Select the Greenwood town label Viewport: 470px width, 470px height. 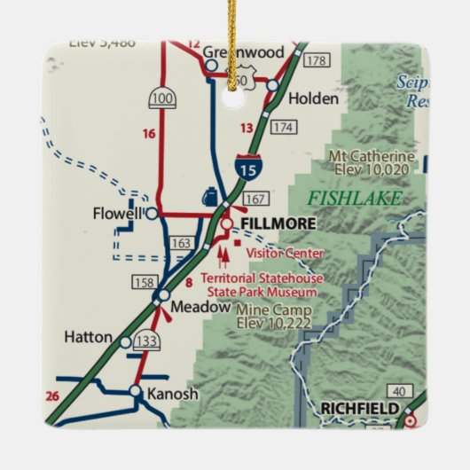coord(243,52)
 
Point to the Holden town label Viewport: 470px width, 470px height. coord(313,99)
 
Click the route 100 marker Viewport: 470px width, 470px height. coord(162,98)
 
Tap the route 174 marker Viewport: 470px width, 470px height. coord(283,127)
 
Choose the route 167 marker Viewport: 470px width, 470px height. coord(255,198)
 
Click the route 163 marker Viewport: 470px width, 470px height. coord(181,242)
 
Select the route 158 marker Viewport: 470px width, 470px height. coord(143,283)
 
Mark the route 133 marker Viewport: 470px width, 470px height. coord(147,341)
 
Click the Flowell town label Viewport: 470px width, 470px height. coord(117,214)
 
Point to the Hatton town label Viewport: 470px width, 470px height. coord(89,338)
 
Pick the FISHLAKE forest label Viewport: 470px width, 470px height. coord(355,198)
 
